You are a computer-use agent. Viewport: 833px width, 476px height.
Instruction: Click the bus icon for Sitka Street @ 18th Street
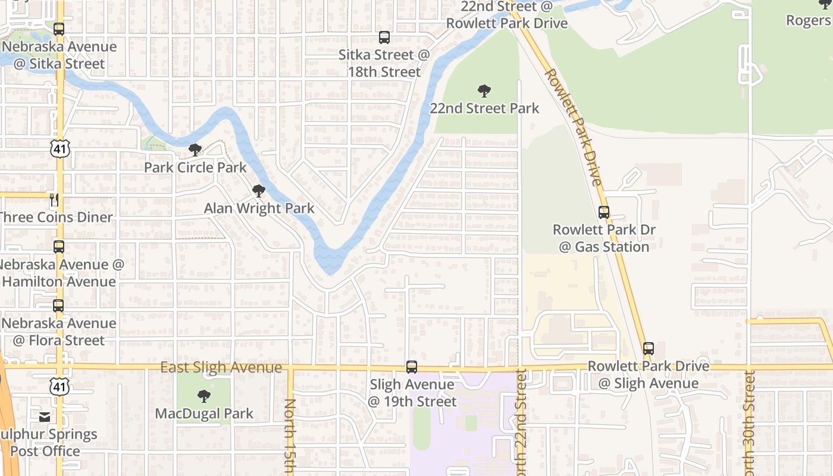point(384,37)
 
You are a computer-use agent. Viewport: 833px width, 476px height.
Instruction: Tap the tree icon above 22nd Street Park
point(484,91)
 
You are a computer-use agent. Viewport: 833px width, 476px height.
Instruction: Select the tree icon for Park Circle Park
point(195,150)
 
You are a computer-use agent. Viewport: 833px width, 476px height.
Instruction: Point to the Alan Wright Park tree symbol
point(259,191)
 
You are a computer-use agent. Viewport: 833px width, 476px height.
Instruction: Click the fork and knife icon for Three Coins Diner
point(54,200)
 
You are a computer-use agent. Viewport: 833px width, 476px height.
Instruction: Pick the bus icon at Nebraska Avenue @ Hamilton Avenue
point(58,247)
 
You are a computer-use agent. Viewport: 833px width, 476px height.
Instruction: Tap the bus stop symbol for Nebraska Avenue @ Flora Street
point(58,306)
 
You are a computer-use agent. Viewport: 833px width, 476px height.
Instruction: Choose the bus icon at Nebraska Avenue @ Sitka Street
point(58,29)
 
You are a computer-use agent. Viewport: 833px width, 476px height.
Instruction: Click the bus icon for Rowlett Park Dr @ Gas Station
point(603,212)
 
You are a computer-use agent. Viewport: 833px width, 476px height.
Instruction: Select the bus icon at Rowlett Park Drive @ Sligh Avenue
point(649,349)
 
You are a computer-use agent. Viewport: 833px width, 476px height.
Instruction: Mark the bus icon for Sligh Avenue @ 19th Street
point(412,367)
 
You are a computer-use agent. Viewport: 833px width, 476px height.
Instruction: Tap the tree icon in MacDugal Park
point(204,396)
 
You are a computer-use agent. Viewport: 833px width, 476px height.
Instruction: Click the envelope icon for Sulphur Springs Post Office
point(45,416)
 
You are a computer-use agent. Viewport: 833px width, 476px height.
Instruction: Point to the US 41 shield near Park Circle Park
point(60,149)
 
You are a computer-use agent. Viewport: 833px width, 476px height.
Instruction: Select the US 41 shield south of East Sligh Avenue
point(60,386)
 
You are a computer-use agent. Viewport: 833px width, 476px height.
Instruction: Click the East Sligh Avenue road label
point(221,368)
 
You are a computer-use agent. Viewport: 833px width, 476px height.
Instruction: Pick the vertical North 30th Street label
point(750,422)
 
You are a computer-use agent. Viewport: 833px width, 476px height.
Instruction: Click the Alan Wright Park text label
point(259,208)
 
